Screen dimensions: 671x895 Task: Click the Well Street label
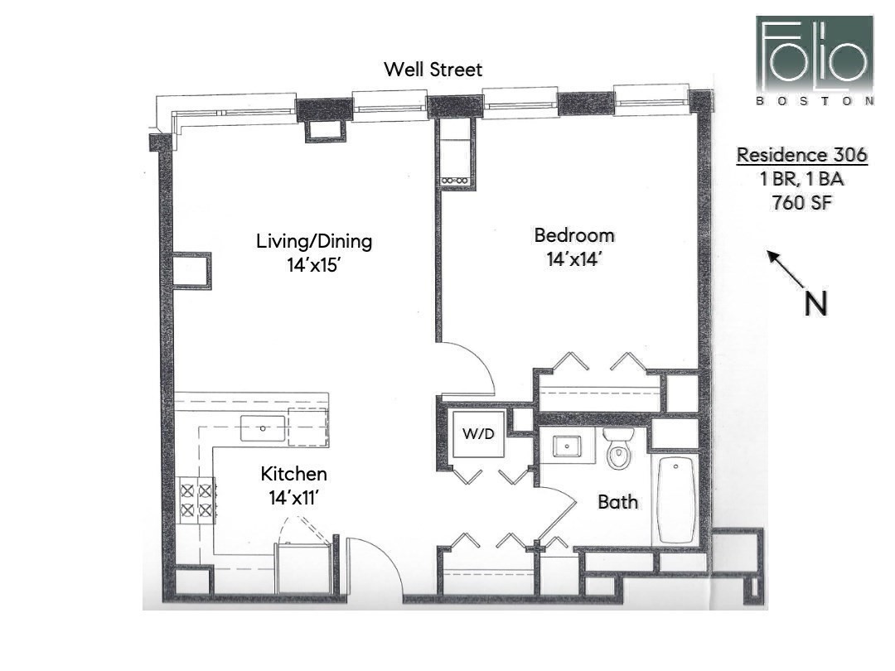pos(433,70)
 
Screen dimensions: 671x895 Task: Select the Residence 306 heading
pos(802,155)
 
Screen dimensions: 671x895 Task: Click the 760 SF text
pos(801,202)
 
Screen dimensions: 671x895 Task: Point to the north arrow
pos(784,268)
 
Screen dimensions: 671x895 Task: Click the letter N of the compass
pos(815,304)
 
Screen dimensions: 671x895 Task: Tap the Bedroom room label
pos(573,235)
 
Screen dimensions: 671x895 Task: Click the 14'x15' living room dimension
pos(313,266)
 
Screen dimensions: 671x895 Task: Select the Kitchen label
pos(293,475)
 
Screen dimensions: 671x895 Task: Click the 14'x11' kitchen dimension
pos(293,498)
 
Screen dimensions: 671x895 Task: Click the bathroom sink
pos(567,447)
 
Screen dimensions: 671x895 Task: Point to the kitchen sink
pos(263,428)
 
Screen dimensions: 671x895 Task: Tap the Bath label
pos(618,501)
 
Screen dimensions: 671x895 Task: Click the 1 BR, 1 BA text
pos(801,179)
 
